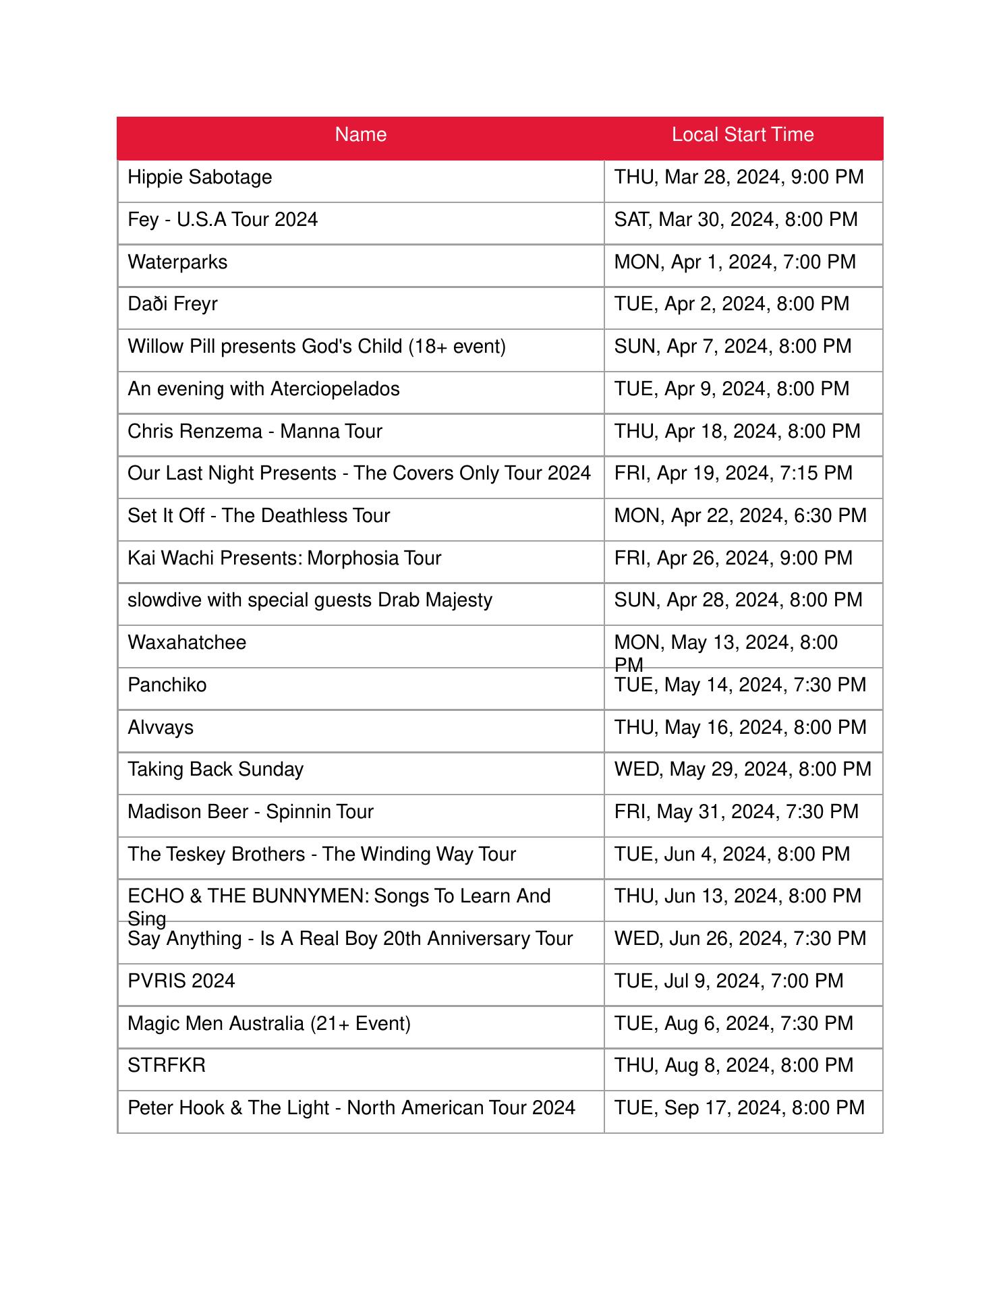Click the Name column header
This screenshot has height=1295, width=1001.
(360, 135)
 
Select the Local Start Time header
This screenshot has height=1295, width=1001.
(742, 135)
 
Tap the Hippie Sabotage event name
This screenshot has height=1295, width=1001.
(200, 177)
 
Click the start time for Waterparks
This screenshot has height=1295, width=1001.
(735, 262)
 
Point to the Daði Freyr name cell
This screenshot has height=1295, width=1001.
(173, 304)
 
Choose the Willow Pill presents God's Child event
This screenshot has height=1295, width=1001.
(316, 347)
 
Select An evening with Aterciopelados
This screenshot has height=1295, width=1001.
(263, 389)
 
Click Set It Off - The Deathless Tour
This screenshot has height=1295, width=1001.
(258, 516)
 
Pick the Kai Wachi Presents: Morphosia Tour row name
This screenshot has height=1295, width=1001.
(284, 558)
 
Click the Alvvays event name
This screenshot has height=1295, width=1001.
(161, 728)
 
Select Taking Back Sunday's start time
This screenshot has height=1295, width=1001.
(742, 770)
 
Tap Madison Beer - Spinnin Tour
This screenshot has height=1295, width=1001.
(250, 812)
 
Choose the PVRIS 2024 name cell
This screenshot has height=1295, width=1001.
(181, 981)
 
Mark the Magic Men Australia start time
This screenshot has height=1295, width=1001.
(733, 1024)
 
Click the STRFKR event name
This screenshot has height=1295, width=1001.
(167, 1066)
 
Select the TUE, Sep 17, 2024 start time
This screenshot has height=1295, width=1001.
(739, 1108)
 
